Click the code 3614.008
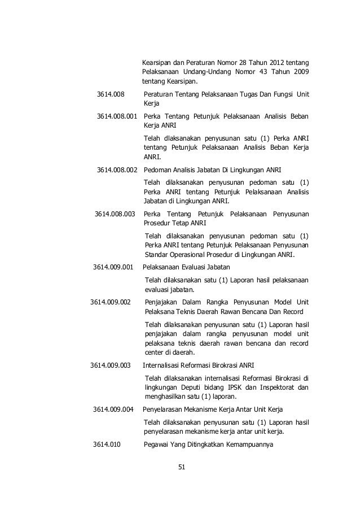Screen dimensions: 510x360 point(111,94)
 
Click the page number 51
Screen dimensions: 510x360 point(182,467)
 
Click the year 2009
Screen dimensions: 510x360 point(298,73)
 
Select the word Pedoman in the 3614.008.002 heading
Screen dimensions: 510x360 point(158,170)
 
